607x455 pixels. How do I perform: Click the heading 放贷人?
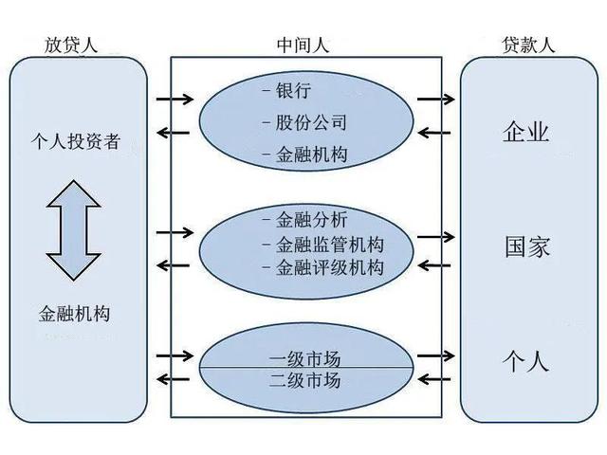pos(70,45)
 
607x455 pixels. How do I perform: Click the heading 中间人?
pos(303,45)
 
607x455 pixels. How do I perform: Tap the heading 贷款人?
pos(528,45)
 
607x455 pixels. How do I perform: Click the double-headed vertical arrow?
pos(74,230)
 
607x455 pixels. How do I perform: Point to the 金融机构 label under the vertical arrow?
pos(76,313)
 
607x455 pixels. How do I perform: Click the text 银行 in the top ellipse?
pos(292,92)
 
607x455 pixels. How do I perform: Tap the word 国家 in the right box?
pos(526,247)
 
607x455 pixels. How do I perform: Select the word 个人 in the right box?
pos(526,362)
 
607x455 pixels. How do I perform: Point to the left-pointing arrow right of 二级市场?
pos(435,379)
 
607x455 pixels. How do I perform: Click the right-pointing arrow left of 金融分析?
pos(175,231)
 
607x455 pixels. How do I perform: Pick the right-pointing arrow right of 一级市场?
pos(435,355)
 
